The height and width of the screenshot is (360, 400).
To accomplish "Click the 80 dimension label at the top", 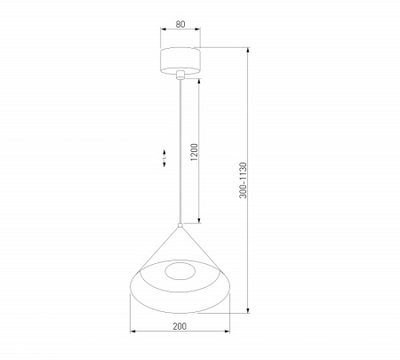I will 180,25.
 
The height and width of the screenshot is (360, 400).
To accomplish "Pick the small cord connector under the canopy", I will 180,76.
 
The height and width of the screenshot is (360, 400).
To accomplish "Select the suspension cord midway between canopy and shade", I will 180,151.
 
